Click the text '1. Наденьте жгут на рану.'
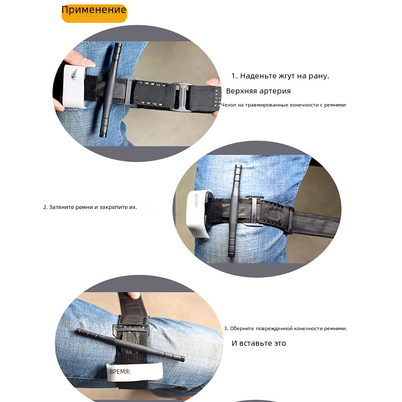click(x=280, y=76)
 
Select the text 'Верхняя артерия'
click(x=258, y=91)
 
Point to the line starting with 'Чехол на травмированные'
click(x=283, y=105)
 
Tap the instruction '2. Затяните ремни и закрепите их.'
click(x=90, y=207)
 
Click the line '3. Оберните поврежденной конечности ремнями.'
click(x=285, y=329)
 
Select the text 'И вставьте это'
click(x=259, y=343)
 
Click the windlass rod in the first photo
click(x=110, y=90)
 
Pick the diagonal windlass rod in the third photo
click(x=130, y=345)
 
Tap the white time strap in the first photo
click(x=73, y=86)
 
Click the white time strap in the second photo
click(x=197, y=214)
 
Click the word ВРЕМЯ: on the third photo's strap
click(x=120, y=372)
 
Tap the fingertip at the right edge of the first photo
click(x=214, y=82)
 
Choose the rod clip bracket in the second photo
click(x=254, y=211)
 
